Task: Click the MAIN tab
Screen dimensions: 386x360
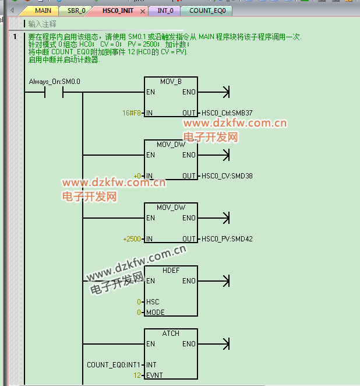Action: pyautogui.click(x=43, y=10)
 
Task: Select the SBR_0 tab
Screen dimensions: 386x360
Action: pyautogui.click(x=76, y=10)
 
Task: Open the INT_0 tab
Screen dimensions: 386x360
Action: pyautogui.click(x=165, y=10)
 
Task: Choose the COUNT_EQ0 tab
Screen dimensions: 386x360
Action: pyautogui.click(x=207, y=10)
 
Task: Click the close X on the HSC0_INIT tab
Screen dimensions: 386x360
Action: pyautogui.click(x=143, y=11)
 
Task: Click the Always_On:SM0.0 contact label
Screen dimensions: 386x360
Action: pyautogui.click(x=54, y=82)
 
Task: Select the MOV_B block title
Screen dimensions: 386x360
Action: pyautogui.click(x=171, y=82)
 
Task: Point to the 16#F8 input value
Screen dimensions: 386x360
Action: pyautogui.click(x=132, y=113)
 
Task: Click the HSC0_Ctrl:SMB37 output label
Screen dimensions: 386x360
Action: pyautogui.click(x=227, y=113)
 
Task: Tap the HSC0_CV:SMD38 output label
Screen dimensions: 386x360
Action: pyautogui.click(x=226, y=176)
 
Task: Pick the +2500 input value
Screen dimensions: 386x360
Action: pyautogui.click(x=132, y=239)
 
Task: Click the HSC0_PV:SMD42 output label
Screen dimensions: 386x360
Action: pyautogui.click(x=226, y=239)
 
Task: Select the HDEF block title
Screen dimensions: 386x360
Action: pyautogui.click(x=171, y=271)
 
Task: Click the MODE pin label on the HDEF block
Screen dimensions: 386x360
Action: pyautogui.click(x=156, y=313)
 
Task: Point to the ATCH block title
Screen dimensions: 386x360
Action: pyautogui.click(x=171, y=334)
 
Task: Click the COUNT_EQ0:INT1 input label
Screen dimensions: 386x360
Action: pyautogui.click(x=114, y=365)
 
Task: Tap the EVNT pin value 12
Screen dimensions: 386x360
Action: pyautogui.click(x=137, y=376)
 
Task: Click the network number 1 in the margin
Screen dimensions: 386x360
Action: pyautogui.click(x=15, y=37)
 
